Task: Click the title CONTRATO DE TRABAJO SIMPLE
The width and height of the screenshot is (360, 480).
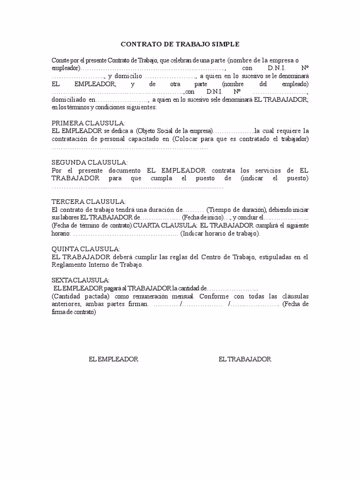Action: pos(180,44)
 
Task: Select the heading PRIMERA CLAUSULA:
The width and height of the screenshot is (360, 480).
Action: pos(82,123)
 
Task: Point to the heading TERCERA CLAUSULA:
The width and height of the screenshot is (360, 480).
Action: pos(82,201)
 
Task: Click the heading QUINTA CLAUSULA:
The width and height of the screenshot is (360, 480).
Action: pos(86,249)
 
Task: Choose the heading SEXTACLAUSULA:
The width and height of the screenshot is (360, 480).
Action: pos(81,280)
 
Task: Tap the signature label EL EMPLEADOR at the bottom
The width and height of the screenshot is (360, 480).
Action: pos(113,359)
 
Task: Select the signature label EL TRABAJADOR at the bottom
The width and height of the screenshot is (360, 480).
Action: pos(245,359)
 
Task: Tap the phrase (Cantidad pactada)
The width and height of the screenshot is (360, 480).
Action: pos(81,297)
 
